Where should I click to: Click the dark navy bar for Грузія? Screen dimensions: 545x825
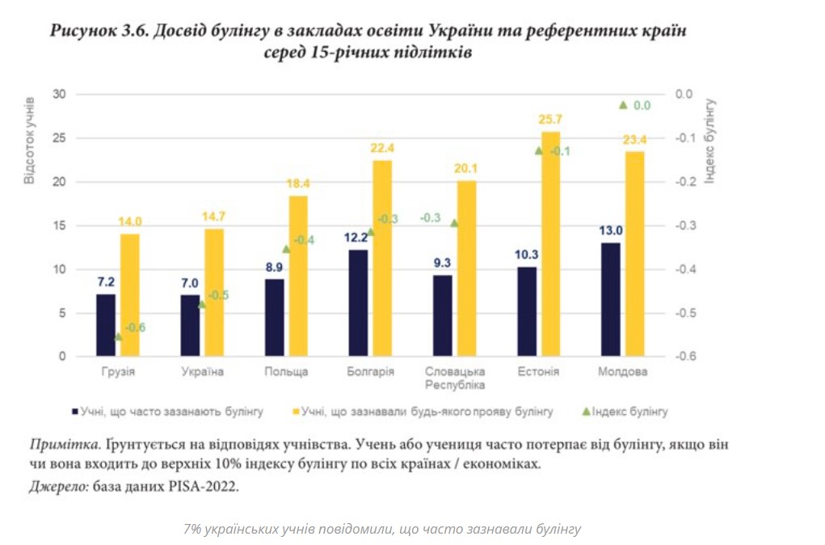pos(106,325)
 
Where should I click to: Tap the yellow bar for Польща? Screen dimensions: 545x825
pos(298,276)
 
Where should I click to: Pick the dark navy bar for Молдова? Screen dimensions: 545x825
pos(612,299)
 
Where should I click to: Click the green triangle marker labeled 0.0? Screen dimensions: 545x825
pos(623,104)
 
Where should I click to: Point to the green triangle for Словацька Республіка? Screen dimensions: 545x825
pos(454,223)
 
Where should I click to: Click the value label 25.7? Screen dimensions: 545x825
pos(550,120)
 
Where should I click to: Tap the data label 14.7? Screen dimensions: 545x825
pos(213,217)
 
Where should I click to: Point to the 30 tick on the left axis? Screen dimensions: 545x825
pos(60,94)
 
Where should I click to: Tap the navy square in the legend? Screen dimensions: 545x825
pos(74,412)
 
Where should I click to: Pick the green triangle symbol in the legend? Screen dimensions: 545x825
pos(586,412)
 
